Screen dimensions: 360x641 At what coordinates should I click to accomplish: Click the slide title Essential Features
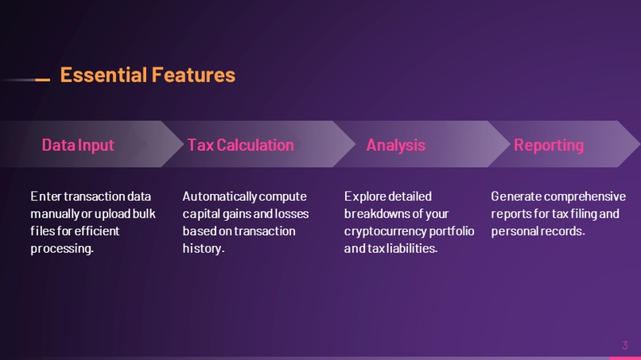click(147, 75)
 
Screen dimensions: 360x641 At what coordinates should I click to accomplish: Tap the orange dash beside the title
click(43, 79)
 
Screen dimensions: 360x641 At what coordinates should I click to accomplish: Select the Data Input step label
click(78, 145)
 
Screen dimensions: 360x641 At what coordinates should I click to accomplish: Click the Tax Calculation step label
click(240, 145)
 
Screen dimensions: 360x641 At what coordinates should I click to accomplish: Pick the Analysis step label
click(395, 145)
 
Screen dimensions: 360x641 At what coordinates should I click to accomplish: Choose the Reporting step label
click(549, 145)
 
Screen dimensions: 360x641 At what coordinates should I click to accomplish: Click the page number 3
click(624, 345)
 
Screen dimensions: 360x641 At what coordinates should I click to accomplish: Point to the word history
click(203, 249)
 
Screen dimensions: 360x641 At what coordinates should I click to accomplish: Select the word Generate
click(515, 195)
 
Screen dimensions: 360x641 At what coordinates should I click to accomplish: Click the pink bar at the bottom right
click(624, 358)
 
